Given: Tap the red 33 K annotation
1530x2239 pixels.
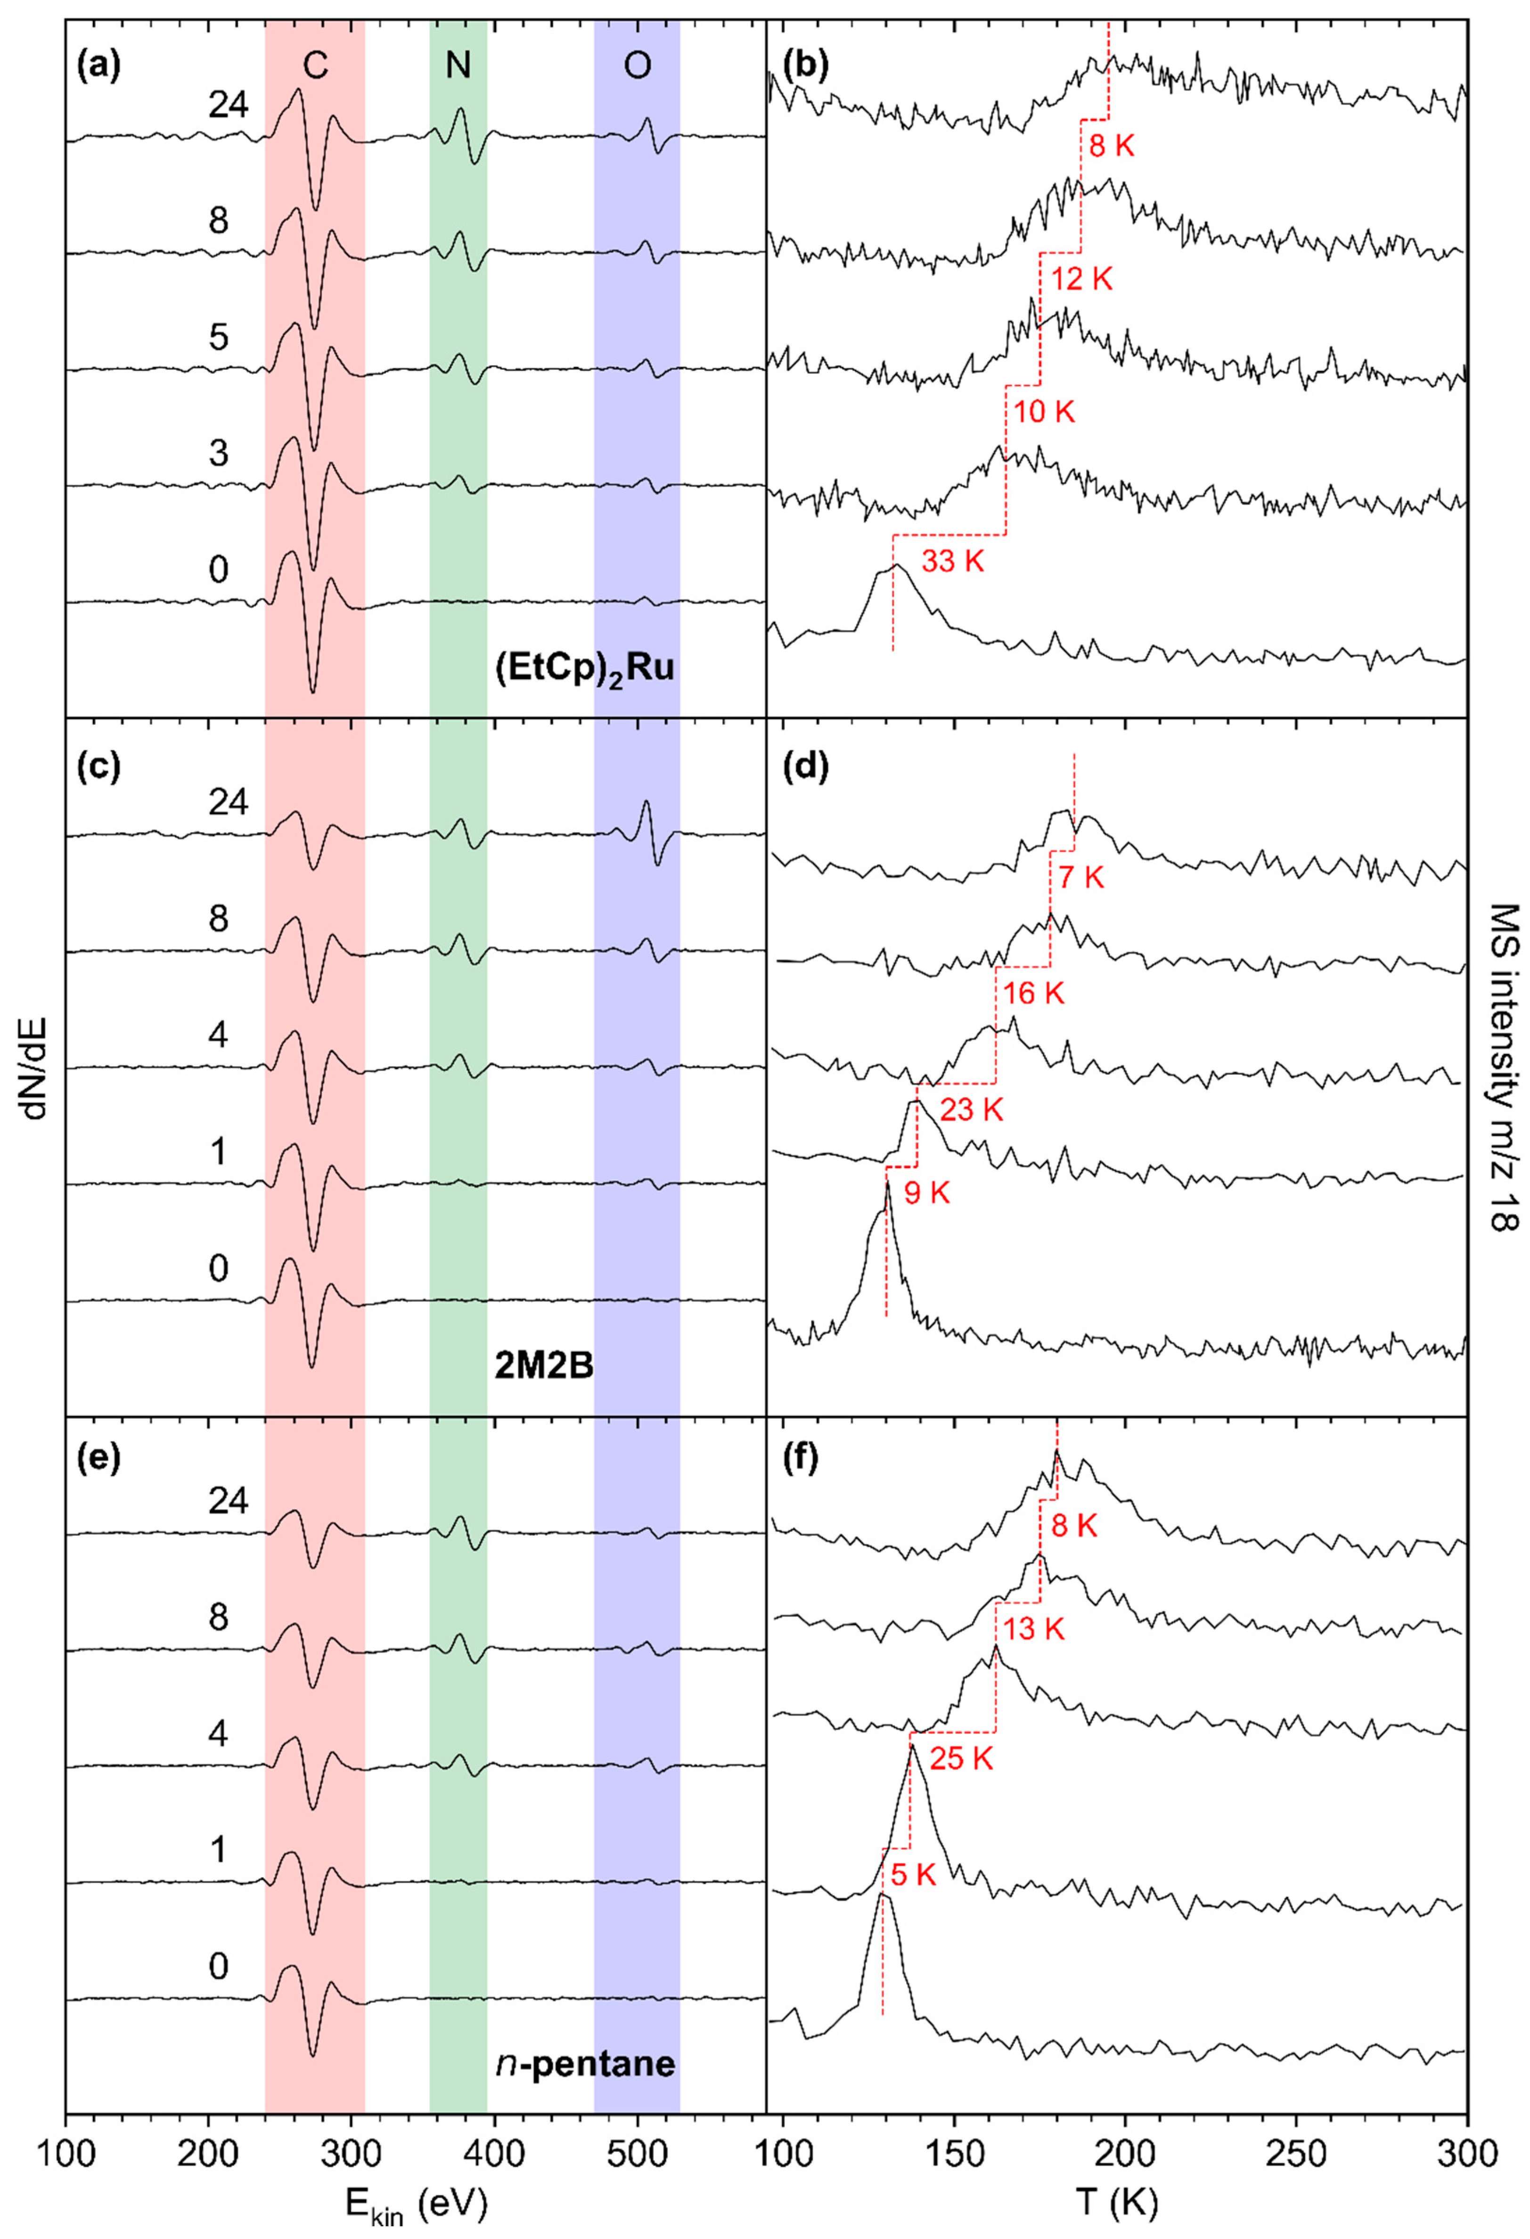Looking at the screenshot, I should click(953, 562).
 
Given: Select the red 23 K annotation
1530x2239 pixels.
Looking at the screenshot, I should click(971, 1110).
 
